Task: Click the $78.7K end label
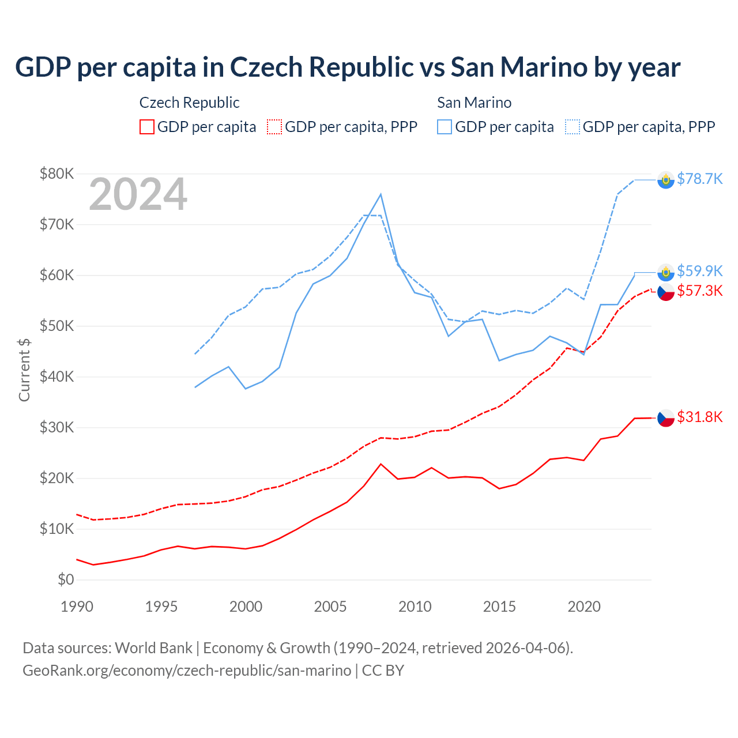point(699,179)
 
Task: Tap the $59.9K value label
point(699,271)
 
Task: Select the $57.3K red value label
point(699,291)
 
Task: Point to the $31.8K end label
point(699,417)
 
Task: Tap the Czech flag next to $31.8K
point(666,418)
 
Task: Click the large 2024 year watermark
point(138,194)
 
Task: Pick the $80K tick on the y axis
point(57,174)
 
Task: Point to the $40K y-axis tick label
point(57,376)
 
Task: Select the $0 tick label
point(66,579)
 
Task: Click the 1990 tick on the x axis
point(77,607)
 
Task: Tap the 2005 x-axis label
point(330,607)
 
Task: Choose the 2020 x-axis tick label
point(584,607)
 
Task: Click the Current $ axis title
point(24,370)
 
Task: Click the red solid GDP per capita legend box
point(147,127)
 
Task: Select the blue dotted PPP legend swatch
point(573,127)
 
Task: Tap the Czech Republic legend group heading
point(189,103)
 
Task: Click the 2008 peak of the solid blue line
point(381,194)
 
